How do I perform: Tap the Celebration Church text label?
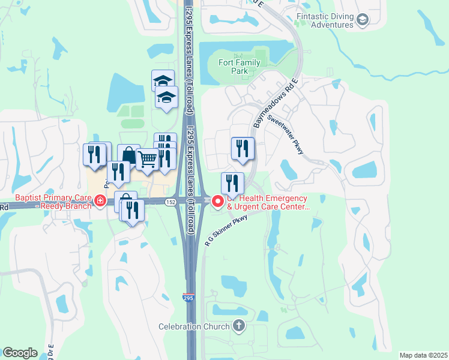point(194,326)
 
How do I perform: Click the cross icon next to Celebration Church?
point(239,326)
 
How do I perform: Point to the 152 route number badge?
point(171,202)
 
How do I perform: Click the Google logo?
point(20,353)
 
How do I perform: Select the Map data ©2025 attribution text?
point(423,355)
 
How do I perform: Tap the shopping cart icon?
point(147,160)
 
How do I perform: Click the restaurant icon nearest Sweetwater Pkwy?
point(243,148)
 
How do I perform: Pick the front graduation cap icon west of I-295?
point(167,98)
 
